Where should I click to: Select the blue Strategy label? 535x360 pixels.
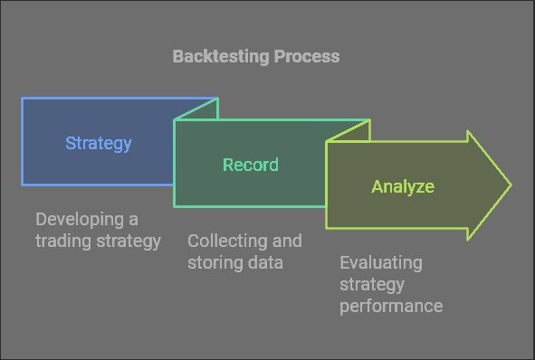(99, 143)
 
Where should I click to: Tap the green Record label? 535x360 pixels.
(251, 165)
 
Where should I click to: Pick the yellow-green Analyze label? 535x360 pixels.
(403, 187)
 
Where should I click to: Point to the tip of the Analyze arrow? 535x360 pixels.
(510, 185)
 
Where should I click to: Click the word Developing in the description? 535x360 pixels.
(77, 220)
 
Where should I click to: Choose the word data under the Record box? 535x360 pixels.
(264, 262)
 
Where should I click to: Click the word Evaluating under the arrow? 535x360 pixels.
(381, 263)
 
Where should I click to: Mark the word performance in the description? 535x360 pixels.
(391, 306)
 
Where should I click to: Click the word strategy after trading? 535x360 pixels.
(128, 241)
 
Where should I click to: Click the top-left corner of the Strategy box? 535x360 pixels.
(23, 99)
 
